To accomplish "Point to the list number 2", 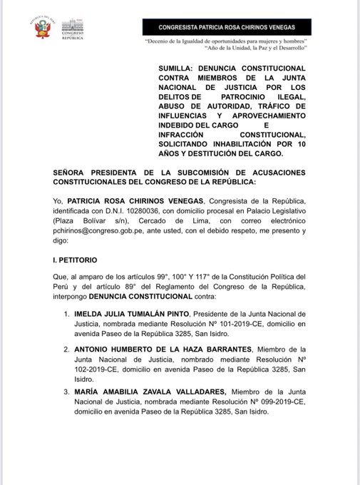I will (66, 350).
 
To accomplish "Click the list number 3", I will (66, 391).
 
